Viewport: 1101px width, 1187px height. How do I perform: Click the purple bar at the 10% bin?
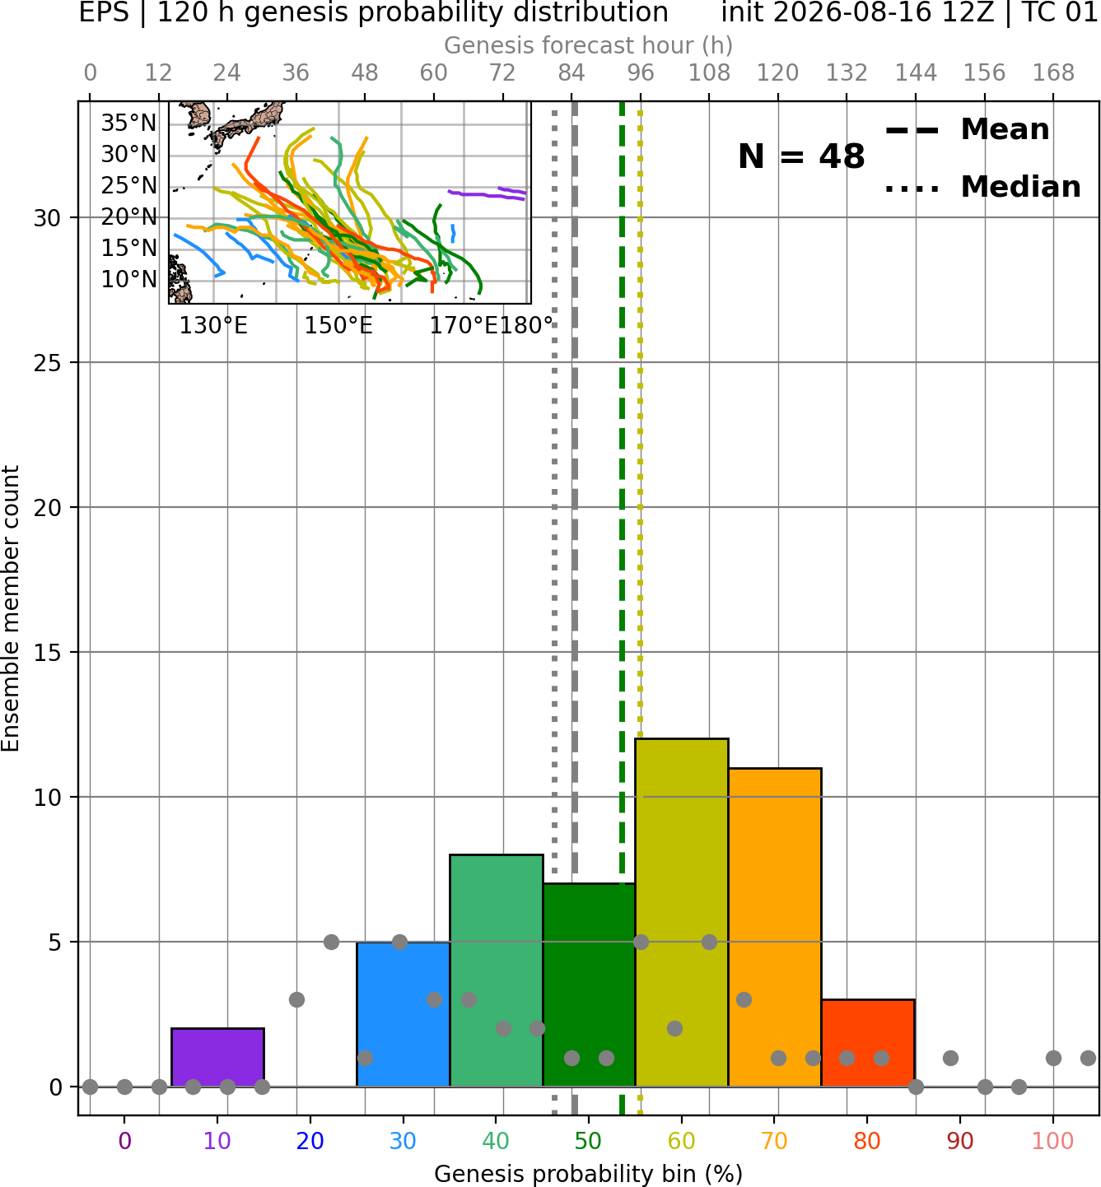217,1057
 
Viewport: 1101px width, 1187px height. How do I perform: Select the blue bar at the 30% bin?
403,1014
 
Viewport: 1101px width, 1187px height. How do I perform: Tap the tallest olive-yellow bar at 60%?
682,913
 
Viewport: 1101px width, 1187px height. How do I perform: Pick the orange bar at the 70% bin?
775,927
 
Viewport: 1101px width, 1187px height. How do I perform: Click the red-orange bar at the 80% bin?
868,1043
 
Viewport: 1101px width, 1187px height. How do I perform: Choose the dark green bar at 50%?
589,985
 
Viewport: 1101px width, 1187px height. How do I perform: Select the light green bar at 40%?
497,971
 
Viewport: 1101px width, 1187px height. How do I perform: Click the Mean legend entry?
967,130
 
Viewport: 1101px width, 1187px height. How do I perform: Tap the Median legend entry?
982,187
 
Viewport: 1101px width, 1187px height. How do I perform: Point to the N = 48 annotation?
801,156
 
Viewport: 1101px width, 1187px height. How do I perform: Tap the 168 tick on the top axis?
1053,73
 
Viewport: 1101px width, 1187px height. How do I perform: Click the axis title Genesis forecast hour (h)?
589,45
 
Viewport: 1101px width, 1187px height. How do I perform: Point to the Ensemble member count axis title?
11,608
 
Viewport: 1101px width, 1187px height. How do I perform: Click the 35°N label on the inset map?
128,123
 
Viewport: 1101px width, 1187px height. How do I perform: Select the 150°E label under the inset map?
338,326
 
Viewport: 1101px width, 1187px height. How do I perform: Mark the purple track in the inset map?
487,193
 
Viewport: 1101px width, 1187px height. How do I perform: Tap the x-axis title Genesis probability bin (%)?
589,1174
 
